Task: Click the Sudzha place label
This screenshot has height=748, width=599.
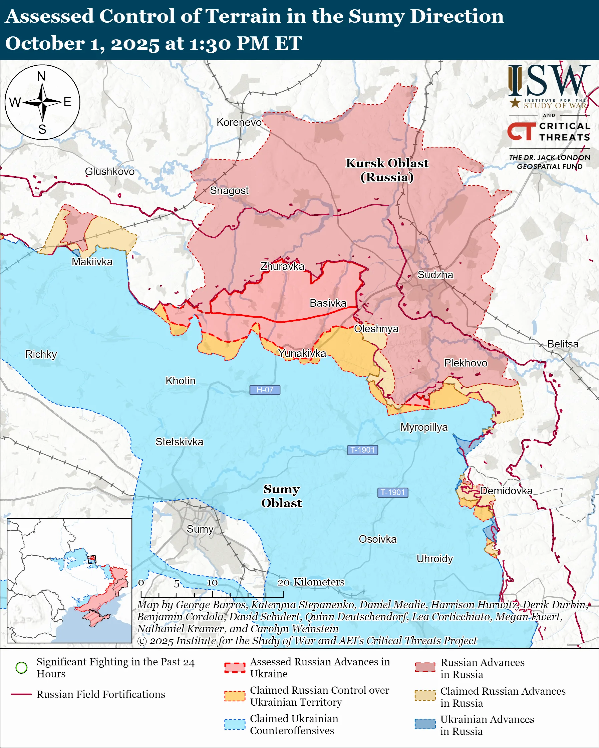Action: (435, 275)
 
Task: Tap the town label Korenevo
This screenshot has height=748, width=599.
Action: (239, 122)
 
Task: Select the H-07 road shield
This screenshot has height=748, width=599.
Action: (265, 390)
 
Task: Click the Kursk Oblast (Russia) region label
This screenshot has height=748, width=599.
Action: (387, 170)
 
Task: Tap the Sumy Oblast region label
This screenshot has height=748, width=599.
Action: (281, 496)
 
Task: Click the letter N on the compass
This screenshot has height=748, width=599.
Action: (41, 76)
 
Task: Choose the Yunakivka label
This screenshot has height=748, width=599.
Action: (302, 353)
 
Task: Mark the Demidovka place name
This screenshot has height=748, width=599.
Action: (506, 491)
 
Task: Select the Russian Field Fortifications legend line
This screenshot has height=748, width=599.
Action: (22, 694)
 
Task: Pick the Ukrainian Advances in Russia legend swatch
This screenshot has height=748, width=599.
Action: (425, 724)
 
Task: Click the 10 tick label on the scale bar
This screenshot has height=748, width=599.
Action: (212, 583)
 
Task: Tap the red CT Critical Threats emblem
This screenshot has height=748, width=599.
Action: (521, 131)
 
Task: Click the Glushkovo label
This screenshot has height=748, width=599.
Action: (109, 171)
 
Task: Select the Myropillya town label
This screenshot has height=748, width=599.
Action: (424, 427)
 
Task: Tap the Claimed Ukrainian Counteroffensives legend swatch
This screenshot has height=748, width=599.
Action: (235, 724)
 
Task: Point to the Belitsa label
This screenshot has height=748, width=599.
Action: (563, 344)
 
